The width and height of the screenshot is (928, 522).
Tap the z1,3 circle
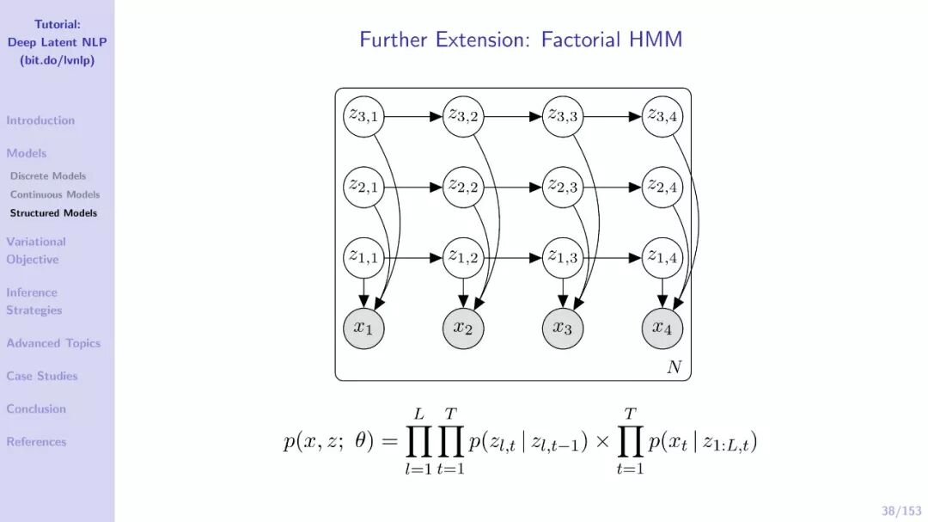563,257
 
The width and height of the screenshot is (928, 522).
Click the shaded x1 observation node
363,329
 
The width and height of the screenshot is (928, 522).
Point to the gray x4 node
662,329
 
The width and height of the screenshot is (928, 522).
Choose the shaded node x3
563,329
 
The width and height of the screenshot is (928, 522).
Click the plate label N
674,367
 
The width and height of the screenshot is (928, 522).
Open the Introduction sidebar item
40,120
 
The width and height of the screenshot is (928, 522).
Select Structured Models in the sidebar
53,212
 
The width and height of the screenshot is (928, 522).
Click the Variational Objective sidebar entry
35,250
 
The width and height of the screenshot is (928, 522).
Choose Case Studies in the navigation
42,376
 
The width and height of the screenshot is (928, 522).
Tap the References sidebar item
36,442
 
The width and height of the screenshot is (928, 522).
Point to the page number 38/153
901,511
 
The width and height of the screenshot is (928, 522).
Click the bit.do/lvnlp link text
57,60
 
